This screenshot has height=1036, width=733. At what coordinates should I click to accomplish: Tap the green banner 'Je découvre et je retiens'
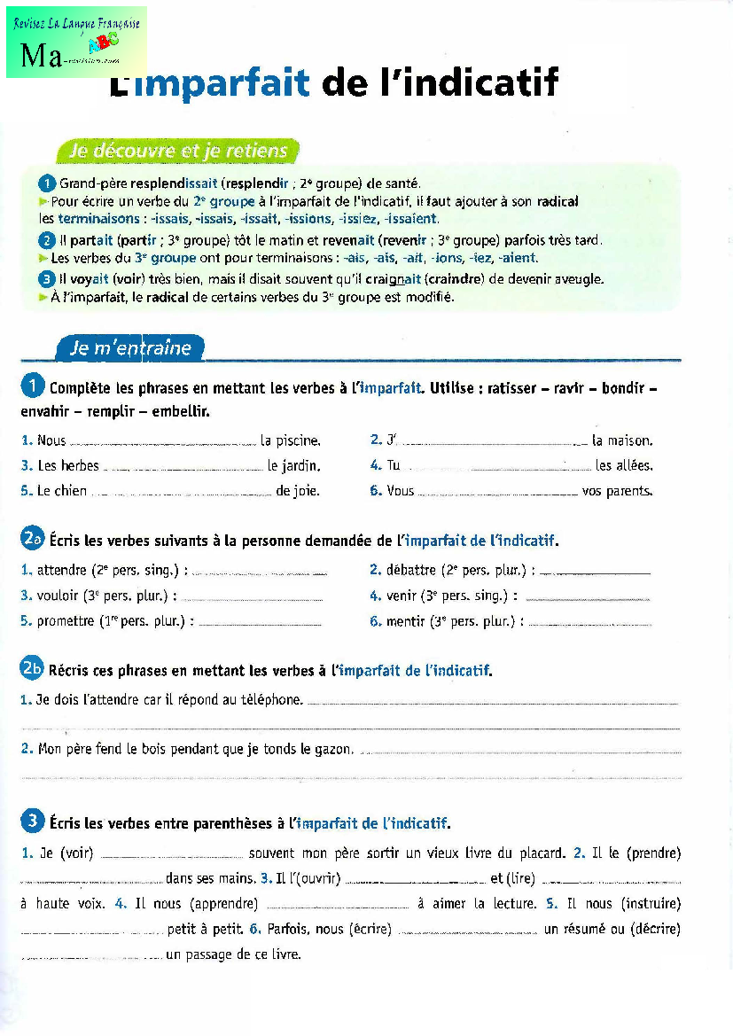[178, 151]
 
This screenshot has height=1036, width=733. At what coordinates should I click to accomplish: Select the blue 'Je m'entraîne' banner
[131, 347]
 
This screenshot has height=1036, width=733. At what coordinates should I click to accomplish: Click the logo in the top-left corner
[76, 42]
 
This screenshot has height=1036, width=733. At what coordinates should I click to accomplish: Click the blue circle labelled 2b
[33, 669]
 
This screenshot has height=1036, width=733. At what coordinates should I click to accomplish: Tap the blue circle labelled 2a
[33, 539]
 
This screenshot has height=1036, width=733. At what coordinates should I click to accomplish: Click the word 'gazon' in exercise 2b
[333, 749]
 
